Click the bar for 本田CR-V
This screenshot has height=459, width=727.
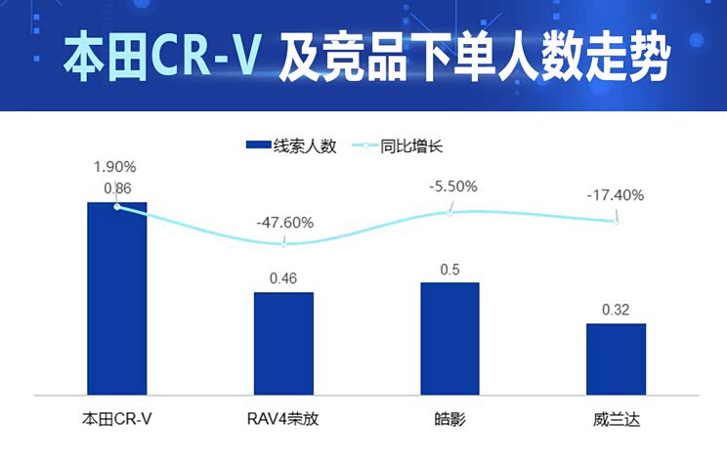pos(116,298)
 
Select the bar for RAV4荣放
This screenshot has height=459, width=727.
pos(283,343)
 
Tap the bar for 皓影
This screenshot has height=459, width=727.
pos(449,338)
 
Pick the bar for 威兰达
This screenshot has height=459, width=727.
pos(616,358)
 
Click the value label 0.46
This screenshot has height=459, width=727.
pos(283,279)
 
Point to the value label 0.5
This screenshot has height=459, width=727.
pos(449,270)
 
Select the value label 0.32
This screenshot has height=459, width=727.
pos(616,311)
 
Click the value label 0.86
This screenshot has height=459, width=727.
pos(117,188)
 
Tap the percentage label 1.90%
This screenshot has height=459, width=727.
pos(116,166)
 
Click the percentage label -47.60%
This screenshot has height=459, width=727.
pos(284,223)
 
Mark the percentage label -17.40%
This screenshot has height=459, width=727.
pos(616,195)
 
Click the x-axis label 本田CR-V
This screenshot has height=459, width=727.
pos(117,420)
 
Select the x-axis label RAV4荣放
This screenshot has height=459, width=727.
pos(283,420)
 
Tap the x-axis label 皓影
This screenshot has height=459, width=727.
pos(449,420)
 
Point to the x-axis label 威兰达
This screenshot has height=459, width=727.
pos(616,420)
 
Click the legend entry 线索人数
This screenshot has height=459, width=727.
pos(291,146)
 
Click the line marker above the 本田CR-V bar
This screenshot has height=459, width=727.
pos(117,206)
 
